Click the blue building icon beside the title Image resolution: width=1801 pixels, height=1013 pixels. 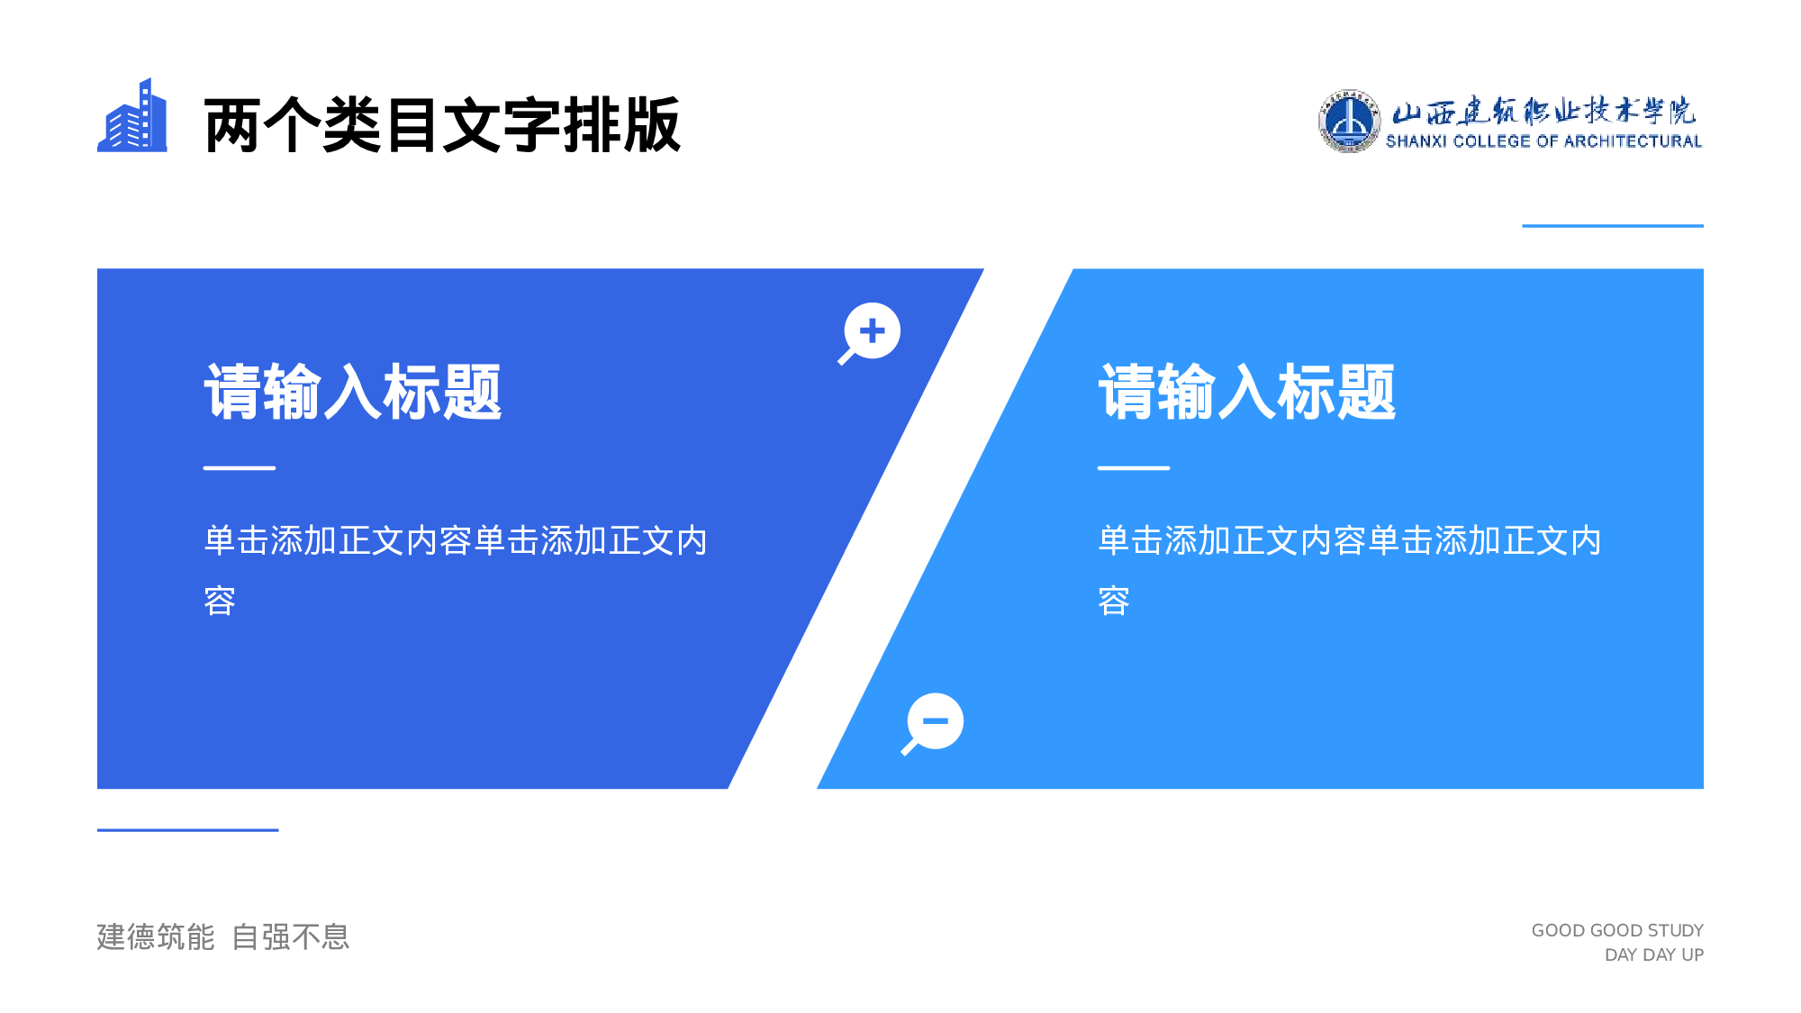(x=132, y=117)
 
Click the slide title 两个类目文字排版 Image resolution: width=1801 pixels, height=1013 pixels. (x=441, y=125)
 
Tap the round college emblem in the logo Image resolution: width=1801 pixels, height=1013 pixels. (x=1348, y=122)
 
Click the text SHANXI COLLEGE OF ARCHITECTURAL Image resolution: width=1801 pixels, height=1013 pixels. (x=1543, y=141)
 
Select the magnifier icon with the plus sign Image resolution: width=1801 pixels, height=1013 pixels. (x=871, y=332)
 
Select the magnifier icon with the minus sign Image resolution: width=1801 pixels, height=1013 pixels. (x=934, y=722)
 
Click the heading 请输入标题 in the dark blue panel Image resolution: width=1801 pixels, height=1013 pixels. (x=353, y=393)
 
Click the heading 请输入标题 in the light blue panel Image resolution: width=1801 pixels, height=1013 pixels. (x=1247, y=393)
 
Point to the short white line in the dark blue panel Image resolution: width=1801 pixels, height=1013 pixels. (x=240, y=468)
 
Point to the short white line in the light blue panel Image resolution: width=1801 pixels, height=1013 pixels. (x=1134, y=468)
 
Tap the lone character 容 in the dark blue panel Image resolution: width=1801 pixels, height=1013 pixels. (x=220, y=601)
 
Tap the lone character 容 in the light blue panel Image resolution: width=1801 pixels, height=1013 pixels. (x=1114, y=601)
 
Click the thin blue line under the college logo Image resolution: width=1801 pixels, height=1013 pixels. (x=1612, y=226)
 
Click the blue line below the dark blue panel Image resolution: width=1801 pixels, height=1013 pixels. (x=187, y=829)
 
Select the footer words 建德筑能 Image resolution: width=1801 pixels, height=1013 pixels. (x=156, y=937)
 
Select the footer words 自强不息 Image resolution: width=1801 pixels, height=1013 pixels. (x=291, y=937)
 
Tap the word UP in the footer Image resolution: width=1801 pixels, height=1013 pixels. (x=1692, y=954)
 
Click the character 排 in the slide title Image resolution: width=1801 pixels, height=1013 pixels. (x=592, y=125)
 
